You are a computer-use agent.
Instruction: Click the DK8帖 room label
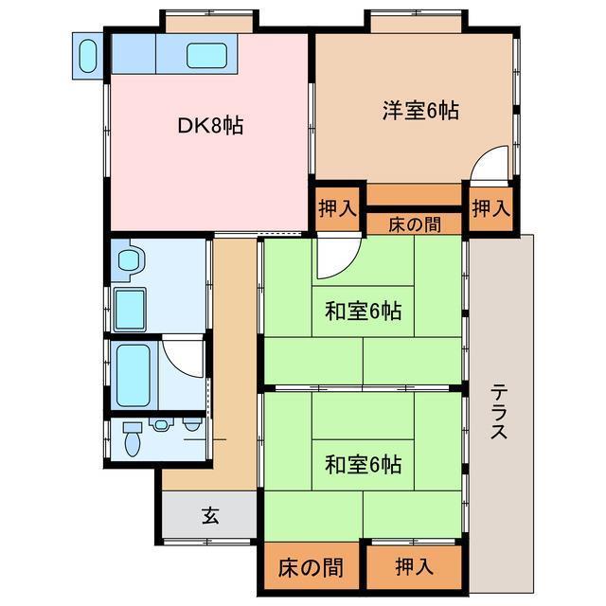pos(209,125)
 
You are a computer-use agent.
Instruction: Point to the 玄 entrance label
pos(209,516)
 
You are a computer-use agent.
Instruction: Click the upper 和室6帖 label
pos(363,311)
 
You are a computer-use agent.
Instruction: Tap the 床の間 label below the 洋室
pos(414,223)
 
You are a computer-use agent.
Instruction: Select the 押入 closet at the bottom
pos(414,567)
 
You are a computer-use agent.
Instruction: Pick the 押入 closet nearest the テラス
pos(490,208)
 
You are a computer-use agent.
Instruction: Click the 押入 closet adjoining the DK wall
pos(336,208)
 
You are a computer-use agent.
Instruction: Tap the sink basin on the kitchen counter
pos(206,55)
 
